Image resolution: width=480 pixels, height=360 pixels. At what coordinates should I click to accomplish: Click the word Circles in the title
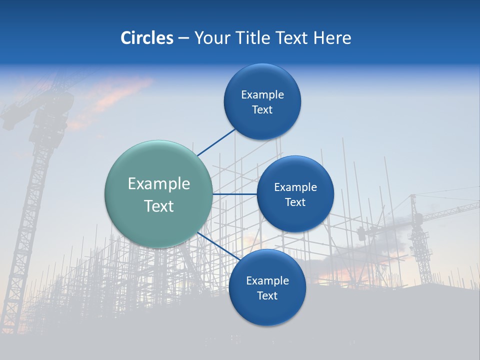tap(146, 38)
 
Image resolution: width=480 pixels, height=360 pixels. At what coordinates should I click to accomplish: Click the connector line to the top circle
tap(216, 142)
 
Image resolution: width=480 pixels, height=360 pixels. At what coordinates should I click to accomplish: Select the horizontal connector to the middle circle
tap(234, 194)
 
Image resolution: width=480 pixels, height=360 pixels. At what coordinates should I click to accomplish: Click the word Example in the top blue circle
tap(262, 95)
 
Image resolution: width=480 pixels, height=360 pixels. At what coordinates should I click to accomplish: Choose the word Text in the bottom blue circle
tap(267, 296)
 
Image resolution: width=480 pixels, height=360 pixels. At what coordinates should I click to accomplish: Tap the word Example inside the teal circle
tap(158, 184)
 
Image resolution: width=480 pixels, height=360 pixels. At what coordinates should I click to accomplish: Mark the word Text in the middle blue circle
tap(295, 202)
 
